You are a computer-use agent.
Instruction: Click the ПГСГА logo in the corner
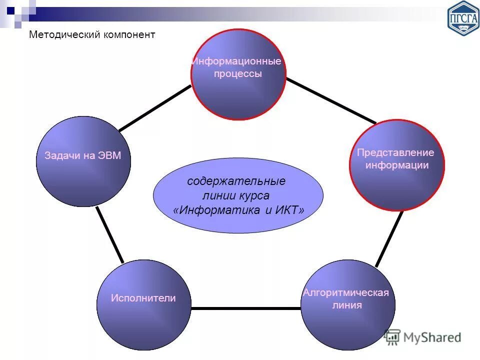pyautogui.click(x=463, y=17)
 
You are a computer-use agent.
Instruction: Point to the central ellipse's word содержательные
pyautogui.click(x=236, y=180)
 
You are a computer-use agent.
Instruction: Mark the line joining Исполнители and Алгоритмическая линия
pyautogui.click(x=246, y=308)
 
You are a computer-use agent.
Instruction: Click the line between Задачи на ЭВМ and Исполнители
pyautogui.click(x=109, y=234)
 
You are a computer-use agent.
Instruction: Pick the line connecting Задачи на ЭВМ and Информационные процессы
pyautogui.click(x=155, y=108)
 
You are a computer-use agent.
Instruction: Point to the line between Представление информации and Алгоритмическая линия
pyautogui.click(x=389, y=239)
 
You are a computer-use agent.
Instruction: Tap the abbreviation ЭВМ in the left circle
pyautogui.click(x=109, y=155)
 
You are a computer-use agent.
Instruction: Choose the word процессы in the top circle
pyautogui.click(x=238, y=74)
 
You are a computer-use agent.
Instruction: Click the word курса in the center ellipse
pyautogui.click(x=255, y=195)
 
